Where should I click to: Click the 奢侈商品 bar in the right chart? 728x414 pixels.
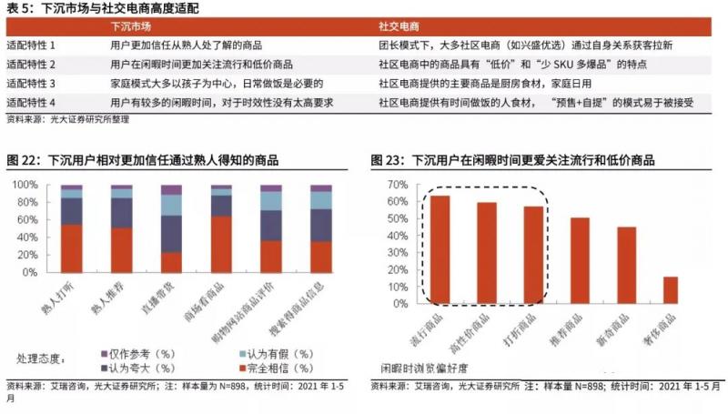click(x=670, y=290)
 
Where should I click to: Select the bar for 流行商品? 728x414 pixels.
click(x=440, y=249)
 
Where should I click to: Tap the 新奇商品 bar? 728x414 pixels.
click(x=625, y=265)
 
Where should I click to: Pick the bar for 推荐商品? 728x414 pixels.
click(x=580, y=260)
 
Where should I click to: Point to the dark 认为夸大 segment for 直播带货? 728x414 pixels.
click(x=171, y=234)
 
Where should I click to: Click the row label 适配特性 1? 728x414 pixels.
click(x=31, y=45)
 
